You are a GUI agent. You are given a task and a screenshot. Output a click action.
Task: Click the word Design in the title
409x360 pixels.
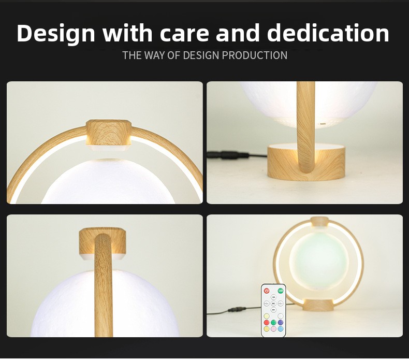56,34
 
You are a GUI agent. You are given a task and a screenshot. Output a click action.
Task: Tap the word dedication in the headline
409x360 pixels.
328,33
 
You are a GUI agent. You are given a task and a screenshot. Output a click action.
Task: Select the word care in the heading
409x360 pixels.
184,34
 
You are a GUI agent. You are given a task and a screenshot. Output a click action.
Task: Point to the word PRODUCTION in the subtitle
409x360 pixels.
255,55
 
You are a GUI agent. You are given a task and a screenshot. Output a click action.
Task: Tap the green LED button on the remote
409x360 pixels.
281,291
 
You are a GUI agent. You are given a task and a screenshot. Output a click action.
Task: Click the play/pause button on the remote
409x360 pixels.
273,304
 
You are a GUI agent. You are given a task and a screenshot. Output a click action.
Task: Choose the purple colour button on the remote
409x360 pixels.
281,322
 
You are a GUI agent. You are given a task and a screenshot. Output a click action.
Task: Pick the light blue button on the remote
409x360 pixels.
281,329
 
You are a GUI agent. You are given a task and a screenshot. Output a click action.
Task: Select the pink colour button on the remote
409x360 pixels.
273,329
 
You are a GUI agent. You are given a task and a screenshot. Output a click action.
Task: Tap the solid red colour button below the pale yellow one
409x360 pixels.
266,322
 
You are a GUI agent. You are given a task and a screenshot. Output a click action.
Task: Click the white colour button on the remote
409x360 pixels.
281,316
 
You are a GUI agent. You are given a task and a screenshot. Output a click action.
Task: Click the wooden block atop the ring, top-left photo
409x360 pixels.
109,135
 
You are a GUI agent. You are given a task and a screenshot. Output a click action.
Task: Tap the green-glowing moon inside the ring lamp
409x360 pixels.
319,262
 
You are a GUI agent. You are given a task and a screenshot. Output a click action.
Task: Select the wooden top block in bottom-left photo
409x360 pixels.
103,243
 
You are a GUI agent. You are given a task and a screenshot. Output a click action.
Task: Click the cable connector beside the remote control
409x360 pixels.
237,310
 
